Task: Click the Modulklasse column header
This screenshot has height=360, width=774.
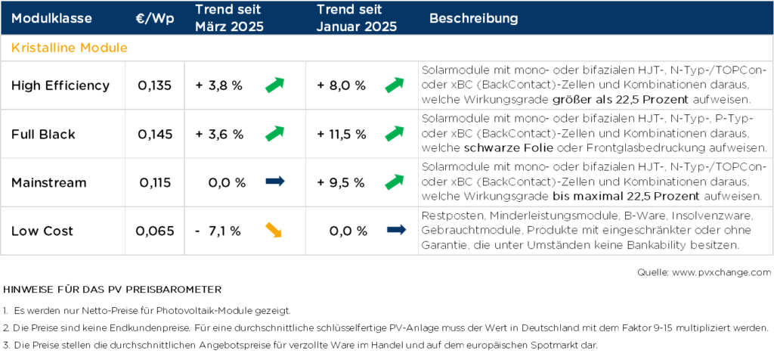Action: click(51, 18)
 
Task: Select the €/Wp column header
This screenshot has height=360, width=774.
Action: click(155, 18)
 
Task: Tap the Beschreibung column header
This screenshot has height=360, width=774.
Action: click(474, 18)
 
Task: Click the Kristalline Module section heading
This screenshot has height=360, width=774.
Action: click(69, 48)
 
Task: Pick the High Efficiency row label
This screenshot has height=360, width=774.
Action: click(60, 85)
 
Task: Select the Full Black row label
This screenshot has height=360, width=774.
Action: click(43, 134)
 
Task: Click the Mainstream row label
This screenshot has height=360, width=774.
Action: click(49, 182)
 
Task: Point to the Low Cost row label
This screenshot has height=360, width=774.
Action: click(42, 231)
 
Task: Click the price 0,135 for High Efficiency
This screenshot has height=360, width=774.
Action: click(155, 85)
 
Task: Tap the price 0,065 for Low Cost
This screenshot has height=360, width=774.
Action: click(155, 231)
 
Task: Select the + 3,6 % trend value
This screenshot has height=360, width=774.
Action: click(219, 134)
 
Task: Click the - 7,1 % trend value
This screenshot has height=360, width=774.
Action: click(219, 231)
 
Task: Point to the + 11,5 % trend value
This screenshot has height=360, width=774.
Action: click(342, 134)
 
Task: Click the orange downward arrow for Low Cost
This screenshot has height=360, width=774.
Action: click(274, 230)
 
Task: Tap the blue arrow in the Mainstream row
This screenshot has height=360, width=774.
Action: click(274, 182)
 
